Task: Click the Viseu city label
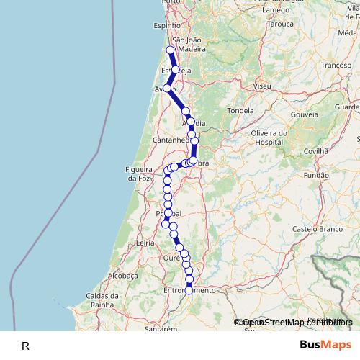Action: click(x=262, y=86)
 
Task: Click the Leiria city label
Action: click(x=145, y=243)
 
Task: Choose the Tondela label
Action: click(x=240, y=111)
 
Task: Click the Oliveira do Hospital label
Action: click(x=271, y=138)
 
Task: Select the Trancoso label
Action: click(x=336, y=65)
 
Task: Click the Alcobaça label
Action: click(x=122, y=275)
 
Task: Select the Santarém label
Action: click(x=161, y=328)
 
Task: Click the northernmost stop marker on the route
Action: click(x=171, y=50)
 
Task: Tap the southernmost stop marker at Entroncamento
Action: click(x=189, y=291)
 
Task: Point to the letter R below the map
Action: click(x=25, y=346)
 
